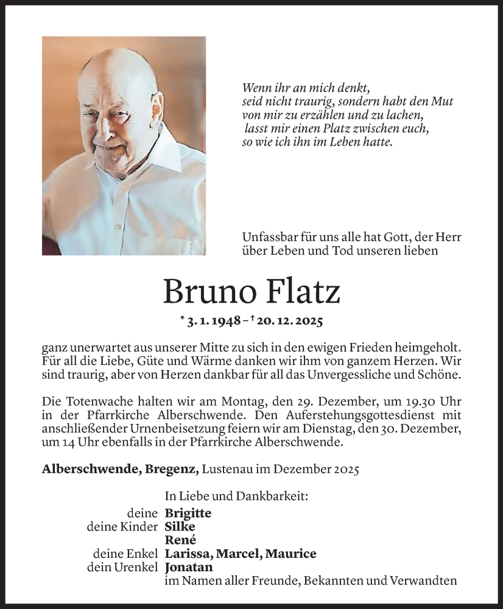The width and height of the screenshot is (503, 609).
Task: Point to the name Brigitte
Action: [188, 513]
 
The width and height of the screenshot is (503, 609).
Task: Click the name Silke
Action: [180, 527]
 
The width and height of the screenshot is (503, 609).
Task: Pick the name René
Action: [180, 540]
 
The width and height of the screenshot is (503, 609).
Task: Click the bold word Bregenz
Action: [173, 469]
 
